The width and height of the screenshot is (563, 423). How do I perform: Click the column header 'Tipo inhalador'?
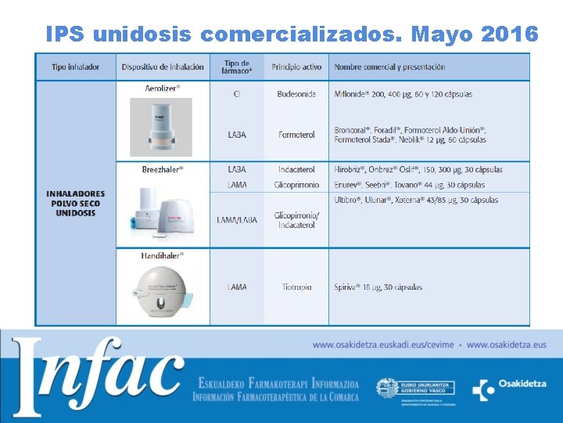click(76, 67)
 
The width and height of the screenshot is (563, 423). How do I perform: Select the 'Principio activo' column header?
click(296, 67)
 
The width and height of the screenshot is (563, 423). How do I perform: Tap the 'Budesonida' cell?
click(296, 94)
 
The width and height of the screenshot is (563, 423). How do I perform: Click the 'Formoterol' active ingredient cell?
click(296, 135)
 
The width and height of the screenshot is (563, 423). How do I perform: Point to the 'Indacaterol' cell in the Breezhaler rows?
click(296, 169)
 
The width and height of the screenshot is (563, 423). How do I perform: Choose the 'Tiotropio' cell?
click(296, 287)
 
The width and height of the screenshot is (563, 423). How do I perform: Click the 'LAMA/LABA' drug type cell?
click(236, 220)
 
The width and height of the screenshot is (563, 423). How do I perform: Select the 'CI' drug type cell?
click(236, 94)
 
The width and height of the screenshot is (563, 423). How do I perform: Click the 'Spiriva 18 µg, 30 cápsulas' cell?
click(378, 287)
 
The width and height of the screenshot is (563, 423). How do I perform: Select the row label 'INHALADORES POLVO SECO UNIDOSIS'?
click(75, 203)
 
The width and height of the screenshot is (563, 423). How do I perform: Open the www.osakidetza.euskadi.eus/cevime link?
click(383, 345)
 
